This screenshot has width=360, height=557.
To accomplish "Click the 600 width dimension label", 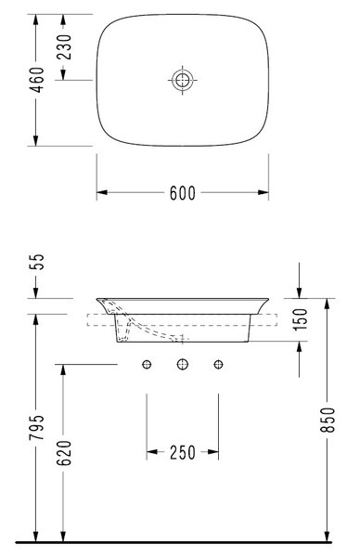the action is coord(183,193).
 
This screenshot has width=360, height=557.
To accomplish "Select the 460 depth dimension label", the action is coord(37,80).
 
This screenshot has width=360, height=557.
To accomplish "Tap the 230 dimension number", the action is coord(64,47).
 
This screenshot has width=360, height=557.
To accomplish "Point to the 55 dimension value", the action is coord(37,262).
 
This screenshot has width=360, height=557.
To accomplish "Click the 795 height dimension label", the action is coord(37,427).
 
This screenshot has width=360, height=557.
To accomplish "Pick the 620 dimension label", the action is coord(64,453).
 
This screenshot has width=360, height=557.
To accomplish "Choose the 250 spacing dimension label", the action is coord(183,453).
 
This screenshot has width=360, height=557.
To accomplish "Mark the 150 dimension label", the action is coord(300,319).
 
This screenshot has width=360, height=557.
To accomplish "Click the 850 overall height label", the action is coord(328,420).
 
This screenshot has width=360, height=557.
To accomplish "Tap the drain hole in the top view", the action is coord(183,80).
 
